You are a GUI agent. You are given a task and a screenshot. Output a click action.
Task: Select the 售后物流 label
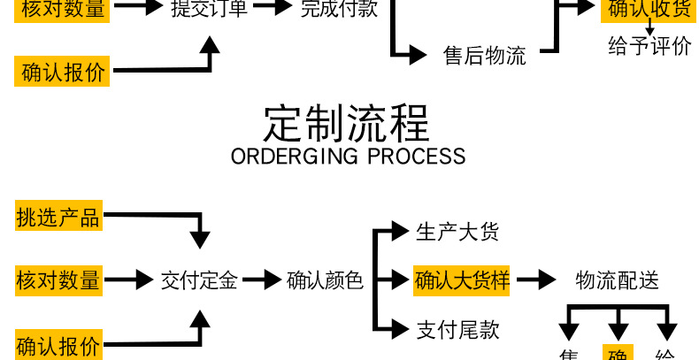coord(484,56)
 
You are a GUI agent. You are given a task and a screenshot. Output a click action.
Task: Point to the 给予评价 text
coord(649,46)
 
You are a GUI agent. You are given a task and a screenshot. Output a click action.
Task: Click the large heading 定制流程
coord(347,123)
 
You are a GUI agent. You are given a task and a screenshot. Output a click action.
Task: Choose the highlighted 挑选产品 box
coord(58,217)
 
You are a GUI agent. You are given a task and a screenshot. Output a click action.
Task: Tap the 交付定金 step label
coord(199,281)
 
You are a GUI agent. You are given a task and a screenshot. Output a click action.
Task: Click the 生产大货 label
coord(457,233)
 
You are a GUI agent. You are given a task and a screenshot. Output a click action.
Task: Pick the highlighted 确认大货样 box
coord(463,281)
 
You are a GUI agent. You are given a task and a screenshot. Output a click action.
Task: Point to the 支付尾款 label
coord(457,330)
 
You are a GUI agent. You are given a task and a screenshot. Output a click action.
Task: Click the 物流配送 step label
coord(617,281)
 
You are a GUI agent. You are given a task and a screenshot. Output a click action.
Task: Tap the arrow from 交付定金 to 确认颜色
coord(262,281)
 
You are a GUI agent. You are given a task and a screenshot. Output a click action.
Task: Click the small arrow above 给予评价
coord(650,27)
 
